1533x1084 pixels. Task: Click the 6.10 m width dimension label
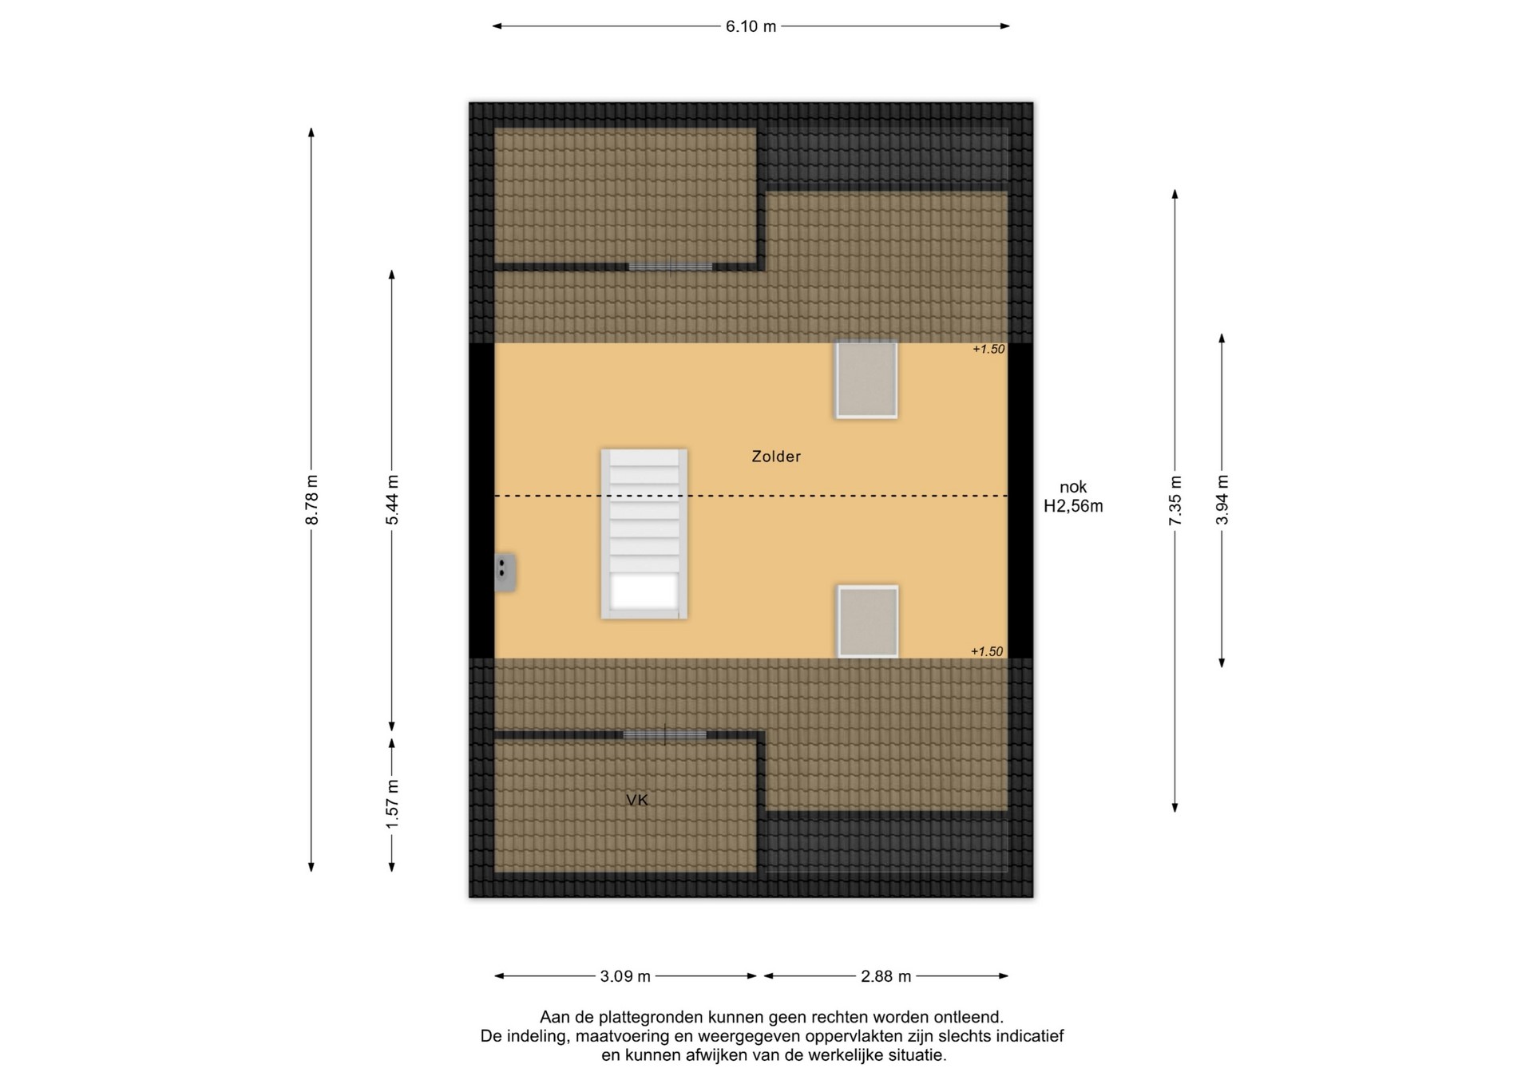(751, 26)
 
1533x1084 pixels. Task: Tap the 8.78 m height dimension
(311, 500)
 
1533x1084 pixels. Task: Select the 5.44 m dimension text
(392, 500)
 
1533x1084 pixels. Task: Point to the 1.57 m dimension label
(392, 803)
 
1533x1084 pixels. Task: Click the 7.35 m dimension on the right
(1175, 500)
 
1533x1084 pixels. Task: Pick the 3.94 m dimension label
(1222, 500)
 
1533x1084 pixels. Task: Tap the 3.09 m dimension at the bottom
(625, 976)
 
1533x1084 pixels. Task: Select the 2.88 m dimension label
(885, 976)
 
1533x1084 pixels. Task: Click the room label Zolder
(776, 457)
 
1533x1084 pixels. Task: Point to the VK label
(637, 800)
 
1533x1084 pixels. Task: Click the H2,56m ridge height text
(1073, 506)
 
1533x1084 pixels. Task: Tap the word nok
(1073, 487)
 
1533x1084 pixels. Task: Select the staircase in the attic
(644, 534)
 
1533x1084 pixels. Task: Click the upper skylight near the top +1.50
(866, 380)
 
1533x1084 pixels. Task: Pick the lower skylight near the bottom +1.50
(868, 622)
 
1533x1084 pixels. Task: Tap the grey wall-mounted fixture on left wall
(505, 572)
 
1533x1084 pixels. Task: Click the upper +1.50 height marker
(988, 349)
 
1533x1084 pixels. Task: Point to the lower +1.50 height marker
(987, 651)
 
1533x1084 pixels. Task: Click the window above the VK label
(665, 734)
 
